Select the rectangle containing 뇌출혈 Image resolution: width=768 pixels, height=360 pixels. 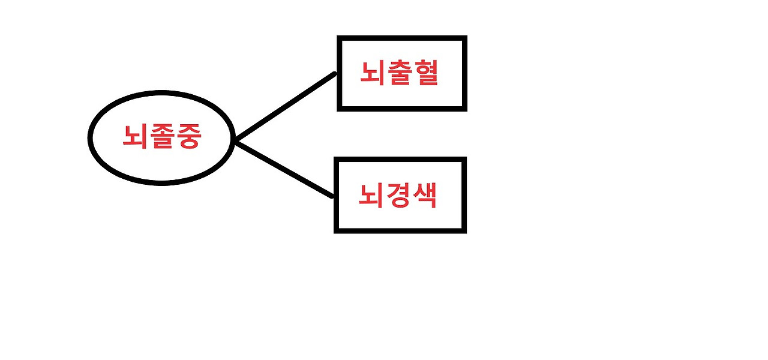pos(402,73)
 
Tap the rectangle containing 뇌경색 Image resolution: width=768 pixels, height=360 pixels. pos(400,195)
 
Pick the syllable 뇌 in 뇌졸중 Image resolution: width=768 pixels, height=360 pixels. pos(135,138)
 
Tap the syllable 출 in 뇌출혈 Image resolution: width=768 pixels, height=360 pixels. pos(399,74)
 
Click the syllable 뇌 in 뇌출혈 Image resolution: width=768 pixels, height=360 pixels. pos(373,74)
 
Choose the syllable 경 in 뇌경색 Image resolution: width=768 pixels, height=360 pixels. pos(397,196)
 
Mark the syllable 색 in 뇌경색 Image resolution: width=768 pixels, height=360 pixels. pos(423,196)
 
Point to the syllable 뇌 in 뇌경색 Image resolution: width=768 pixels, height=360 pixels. pos(371,196)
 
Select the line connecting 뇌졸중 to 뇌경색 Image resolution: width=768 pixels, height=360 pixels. pos(283,169)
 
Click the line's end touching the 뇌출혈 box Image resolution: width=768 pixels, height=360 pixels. pos(334,75)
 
